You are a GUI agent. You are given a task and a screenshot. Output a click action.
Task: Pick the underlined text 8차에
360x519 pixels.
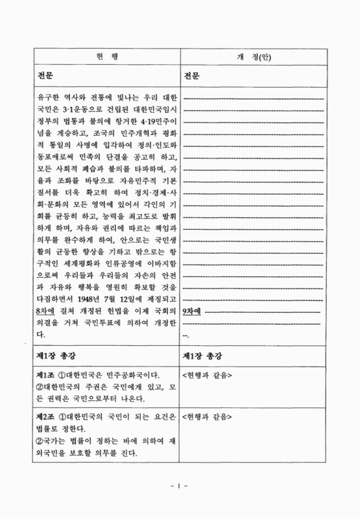coord(48,311)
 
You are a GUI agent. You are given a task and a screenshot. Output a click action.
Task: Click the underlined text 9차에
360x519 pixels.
coord(193,311)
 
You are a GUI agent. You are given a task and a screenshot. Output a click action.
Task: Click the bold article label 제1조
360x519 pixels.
coord(46,375)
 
